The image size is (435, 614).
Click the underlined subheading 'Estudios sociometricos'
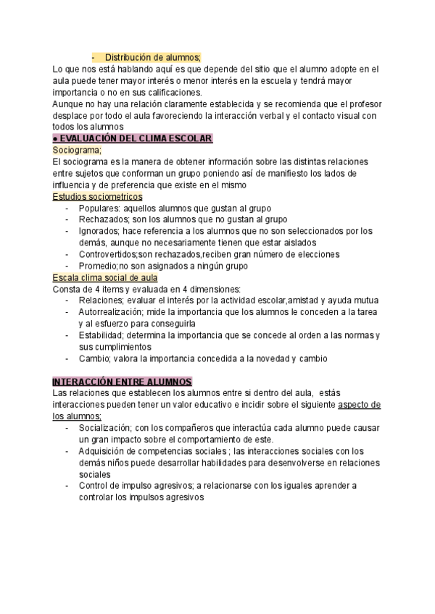(98, 196)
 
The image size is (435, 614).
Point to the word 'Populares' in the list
(98, 208)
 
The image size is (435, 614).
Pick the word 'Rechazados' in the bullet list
(102, 219)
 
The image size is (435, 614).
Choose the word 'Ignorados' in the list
(99, 231)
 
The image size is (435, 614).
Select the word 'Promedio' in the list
(97, 266)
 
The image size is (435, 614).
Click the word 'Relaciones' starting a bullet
(101, 300)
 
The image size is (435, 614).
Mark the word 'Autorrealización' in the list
(111, 312)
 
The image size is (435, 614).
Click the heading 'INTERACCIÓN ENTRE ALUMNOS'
(122, 382)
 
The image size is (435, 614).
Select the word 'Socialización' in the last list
(106, 428)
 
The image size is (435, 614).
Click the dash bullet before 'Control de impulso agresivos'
(67, 486)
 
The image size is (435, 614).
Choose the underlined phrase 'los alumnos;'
(77, 416)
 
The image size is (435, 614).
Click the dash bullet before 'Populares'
(67, 208)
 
